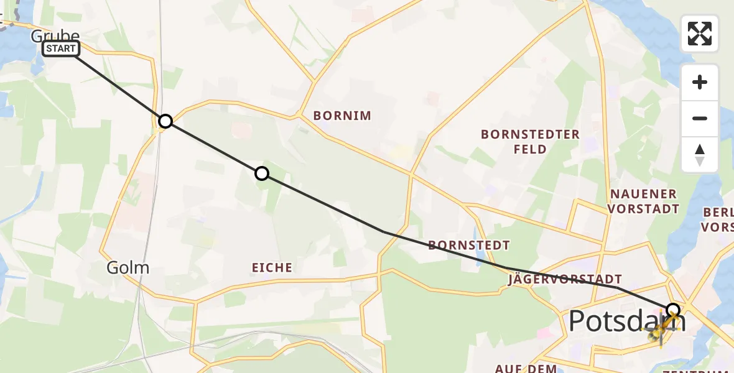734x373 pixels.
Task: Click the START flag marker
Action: (61, 48)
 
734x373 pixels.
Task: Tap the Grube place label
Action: (55, 36)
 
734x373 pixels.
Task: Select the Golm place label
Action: (128, 268)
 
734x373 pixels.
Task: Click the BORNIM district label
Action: (342, 116)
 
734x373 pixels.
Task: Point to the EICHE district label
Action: (272, 268)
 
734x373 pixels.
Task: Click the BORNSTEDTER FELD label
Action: (530, 142)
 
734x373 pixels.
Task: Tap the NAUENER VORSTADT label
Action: (643, 201)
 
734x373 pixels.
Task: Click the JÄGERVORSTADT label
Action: (565, 280)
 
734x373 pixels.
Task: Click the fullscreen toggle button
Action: (700, 34)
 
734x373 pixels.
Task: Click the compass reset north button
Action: (700, 155)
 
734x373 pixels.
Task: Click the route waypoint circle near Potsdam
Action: (673, 310)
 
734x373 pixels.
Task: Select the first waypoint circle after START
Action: (165, 121)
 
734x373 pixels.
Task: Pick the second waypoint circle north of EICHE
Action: (262, 173)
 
